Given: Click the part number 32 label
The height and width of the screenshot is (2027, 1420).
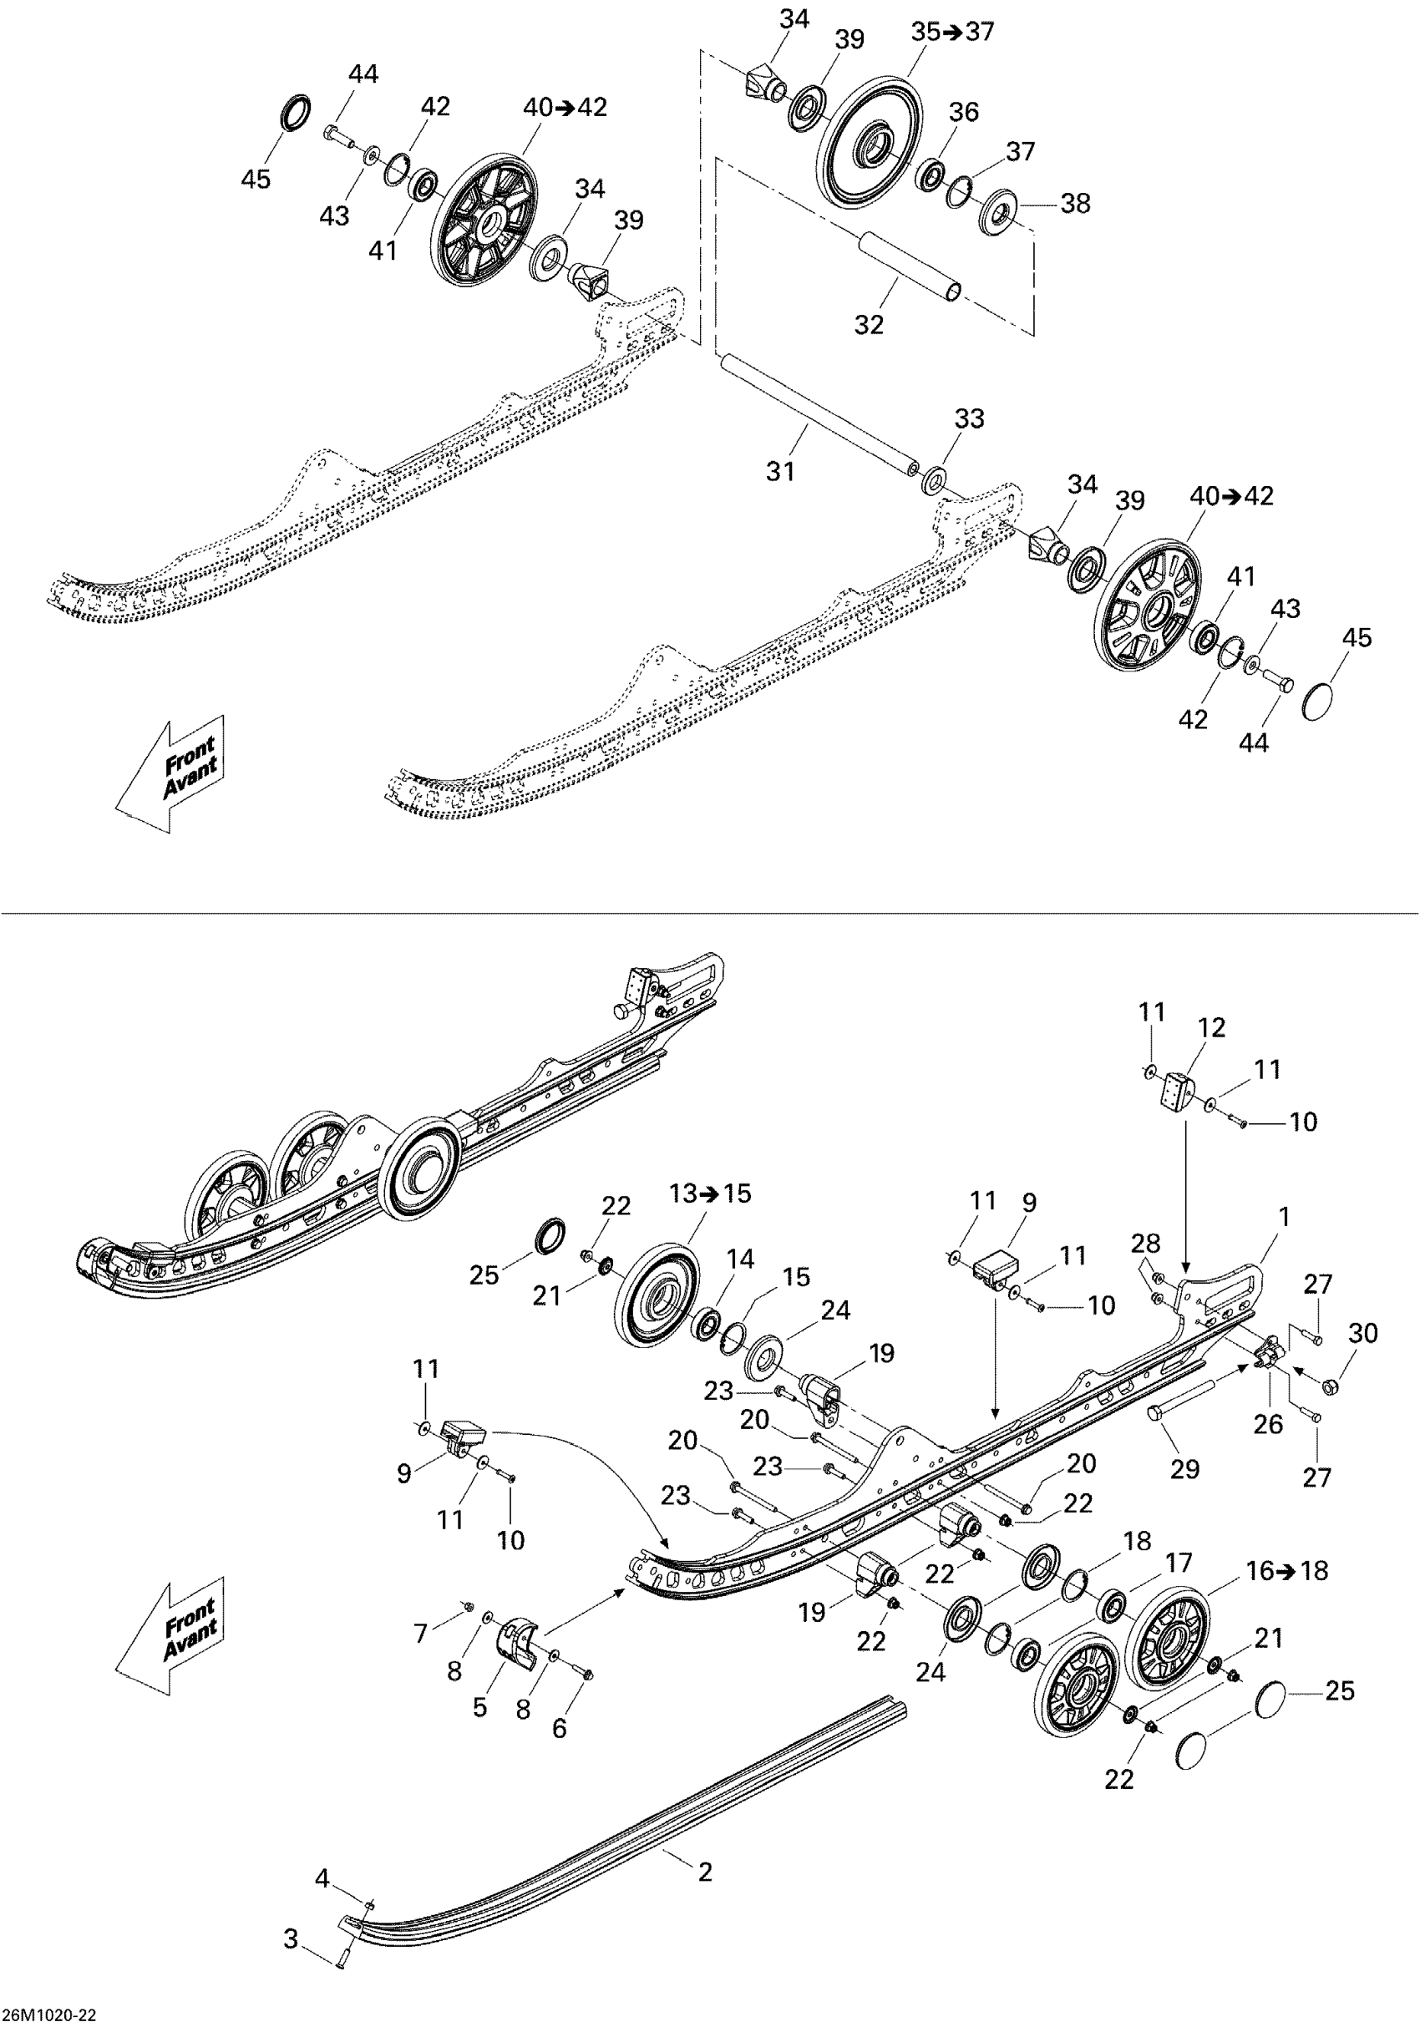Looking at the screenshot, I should tap(869, 325).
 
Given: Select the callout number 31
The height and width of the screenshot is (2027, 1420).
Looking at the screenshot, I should tap(781, 471).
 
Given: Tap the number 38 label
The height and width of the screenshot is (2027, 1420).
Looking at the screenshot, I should tap(1075, 204).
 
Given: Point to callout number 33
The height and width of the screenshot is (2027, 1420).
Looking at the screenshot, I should tap(970, 418).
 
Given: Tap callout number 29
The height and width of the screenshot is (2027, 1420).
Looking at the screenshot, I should tap(1185, 1469).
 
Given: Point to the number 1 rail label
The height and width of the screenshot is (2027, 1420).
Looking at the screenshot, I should tap(1285, 1217).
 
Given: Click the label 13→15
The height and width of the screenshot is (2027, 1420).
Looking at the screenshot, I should tap(710, 1193).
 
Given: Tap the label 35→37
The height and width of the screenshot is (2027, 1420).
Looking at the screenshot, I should tap(952, 32).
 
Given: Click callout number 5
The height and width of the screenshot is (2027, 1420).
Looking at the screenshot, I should tap(479, 1706).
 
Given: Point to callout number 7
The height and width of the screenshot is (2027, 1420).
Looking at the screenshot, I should tap(421, 1634).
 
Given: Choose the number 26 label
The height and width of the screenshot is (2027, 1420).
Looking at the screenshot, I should tap(1268, 1423).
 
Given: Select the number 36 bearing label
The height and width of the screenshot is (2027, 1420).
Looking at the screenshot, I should tap(963, 112).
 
